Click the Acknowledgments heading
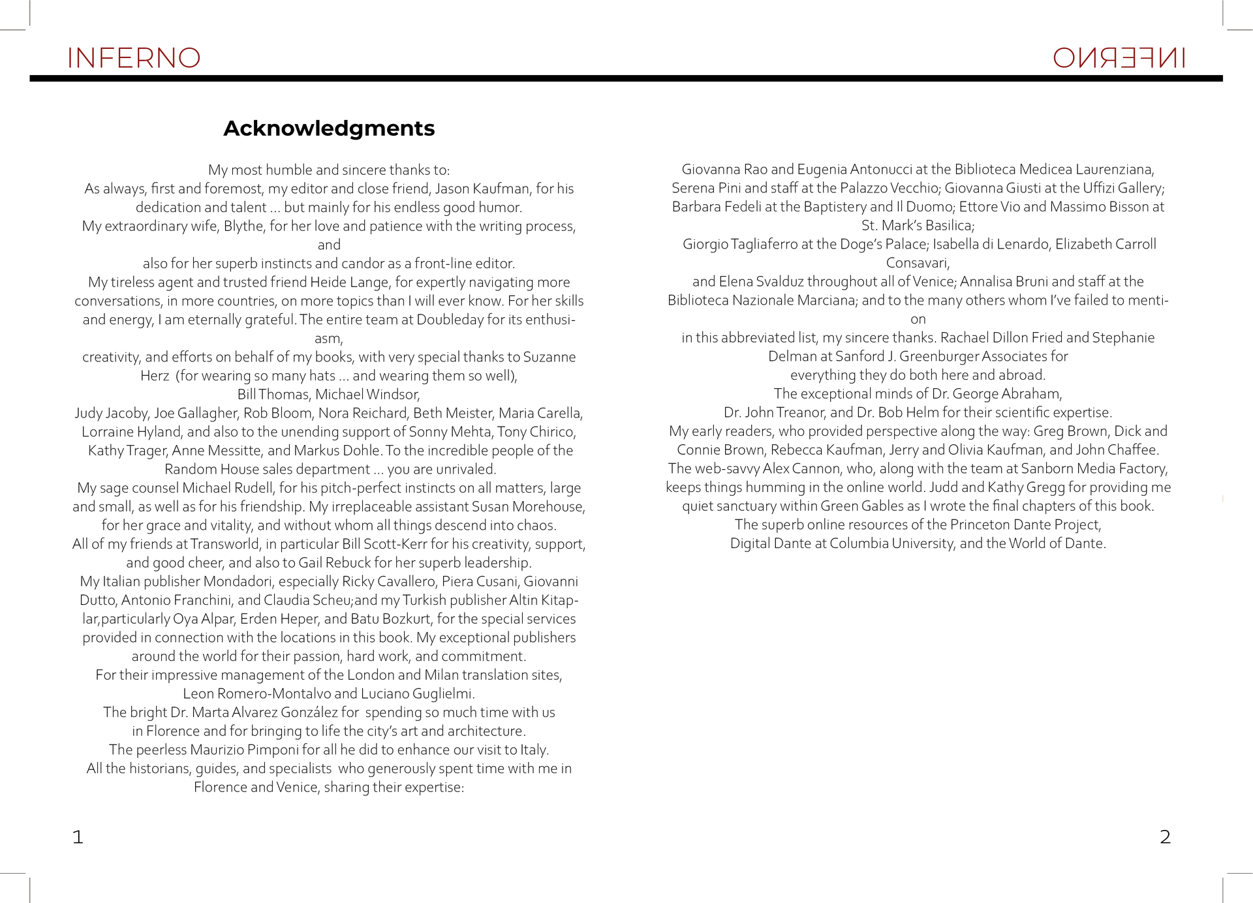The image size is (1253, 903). point(329,129)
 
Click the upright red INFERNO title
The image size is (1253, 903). point(134,58)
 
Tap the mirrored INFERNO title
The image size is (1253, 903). point(1119,58)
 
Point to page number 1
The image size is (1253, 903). point(78,836)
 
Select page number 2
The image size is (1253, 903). point(1165,836)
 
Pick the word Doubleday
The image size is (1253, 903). point(451,320)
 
